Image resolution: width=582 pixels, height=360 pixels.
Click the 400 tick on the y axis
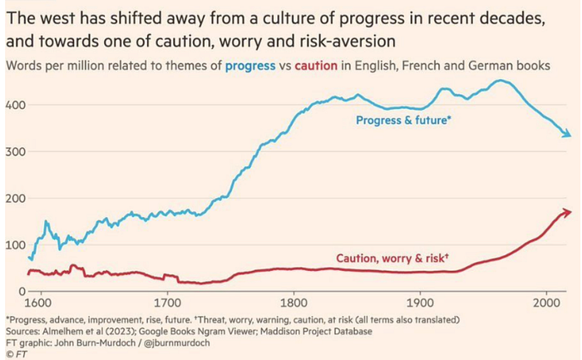[14, 106]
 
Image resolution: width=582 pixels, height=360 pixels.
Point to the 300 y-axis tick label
[14, 152]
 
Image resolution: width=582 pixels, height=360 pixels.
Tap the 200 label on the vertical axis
[14, 199]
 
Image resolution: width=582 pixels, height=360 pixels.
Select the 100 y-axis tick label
[14, 245]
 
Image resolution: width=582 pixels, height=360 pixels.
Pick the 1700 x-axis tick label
[167, 303]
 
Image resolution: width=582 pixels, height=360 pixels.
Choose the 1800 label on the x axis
[293, 303]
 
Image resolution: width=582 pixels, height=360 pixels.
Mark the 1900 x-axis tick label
[420, 303]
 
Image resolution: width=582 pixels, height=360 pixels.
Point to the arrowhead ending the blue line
[565, 135]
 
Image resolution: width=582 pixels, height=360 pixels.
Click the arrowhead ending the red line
[567, 212]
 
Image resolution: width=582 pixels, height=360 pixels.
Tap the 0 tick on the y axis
[21, 292]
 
